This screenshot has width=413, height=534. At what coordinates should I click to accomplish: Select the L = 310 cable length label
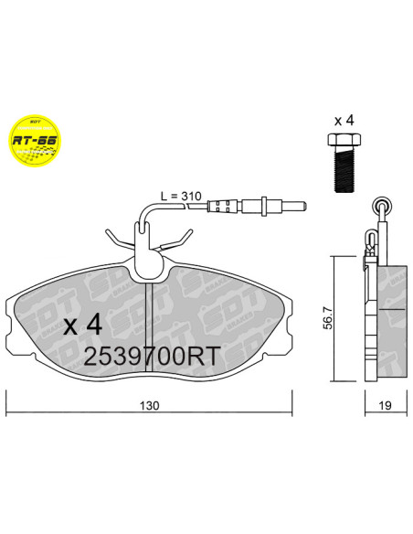[x=179, y=195]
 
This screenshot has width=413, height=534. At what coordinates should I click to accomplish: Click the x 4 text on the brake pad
[x=86, y=325]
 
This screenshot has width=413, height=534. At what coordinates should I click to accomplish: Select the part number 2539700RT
[x=151, y=356]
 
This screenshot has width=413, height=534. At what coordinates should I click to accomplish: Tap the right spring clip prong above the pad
[x=186, y=240]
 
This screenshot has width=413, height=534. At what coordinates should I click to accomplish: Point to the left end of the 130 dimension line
[x=8, y=392]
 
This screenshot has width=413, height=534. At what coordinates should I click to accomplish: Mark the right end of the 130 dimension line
[x=291, y=392]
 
